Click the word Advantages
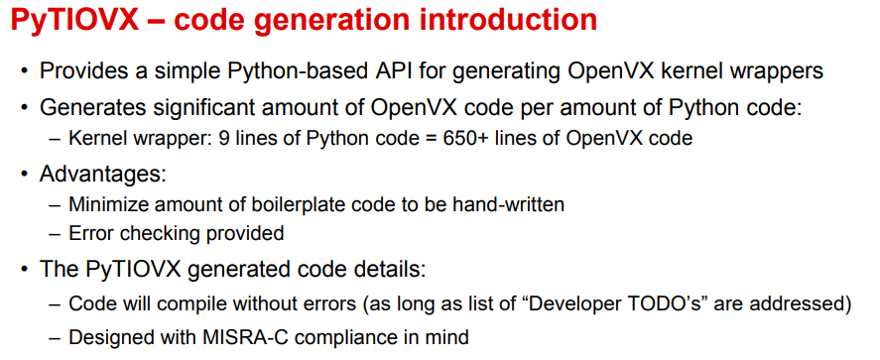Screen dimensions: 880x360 pyautogui.click(x=103, y=174)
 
